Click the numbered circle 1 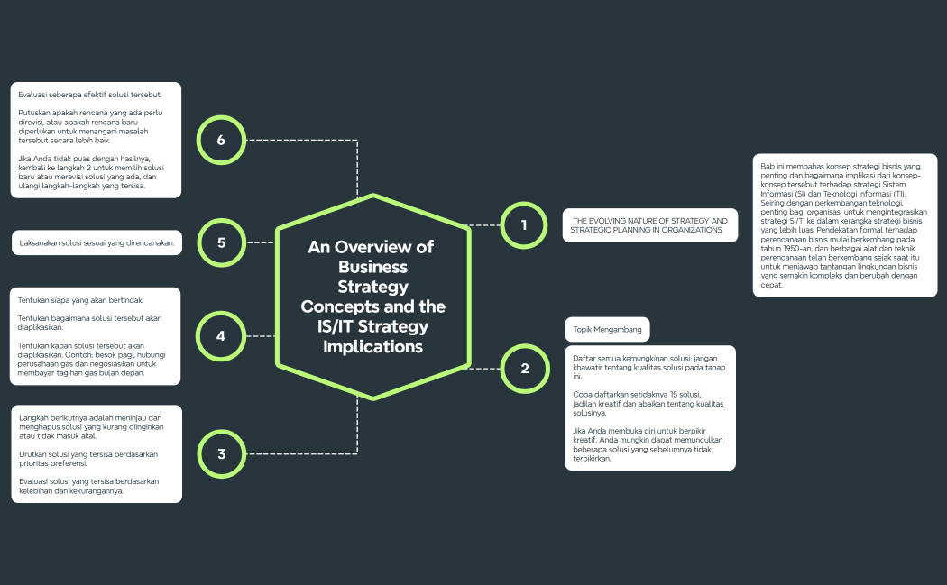click(x=524, y=224)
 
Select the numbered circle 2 click(x=524, y=369)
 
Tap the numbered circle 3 click(x=222, y=454)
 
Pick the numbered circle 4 click(x=222, y=336)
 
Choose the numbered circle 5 click(x=222, y=242)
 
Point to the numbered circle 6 click(x=222, y=140)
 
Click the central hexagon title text click(x=372, y=296)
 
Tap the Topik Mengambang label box click(x=607, y=330)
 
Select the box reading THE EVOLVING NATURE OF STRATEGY click(x=650, y=225)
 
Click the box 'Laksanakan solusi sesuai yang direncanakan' click(x=97, y=243)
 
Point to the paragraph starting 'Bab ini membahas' click(x=844, y=225)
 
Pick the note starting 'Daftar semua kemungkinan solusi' click(x=649, y=407)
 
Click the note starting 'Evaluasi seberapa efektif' click(x=96, y=140)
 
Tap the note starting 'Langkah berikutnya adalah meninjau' click(x=96, y=454)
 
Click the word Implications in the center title click(x=372, y=346)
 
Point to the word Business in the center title click(x=372, y=267)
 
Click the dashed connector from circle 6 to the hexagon click(x=307, y=140)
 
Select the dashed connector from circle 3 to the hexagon click(x=307, y=453)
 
